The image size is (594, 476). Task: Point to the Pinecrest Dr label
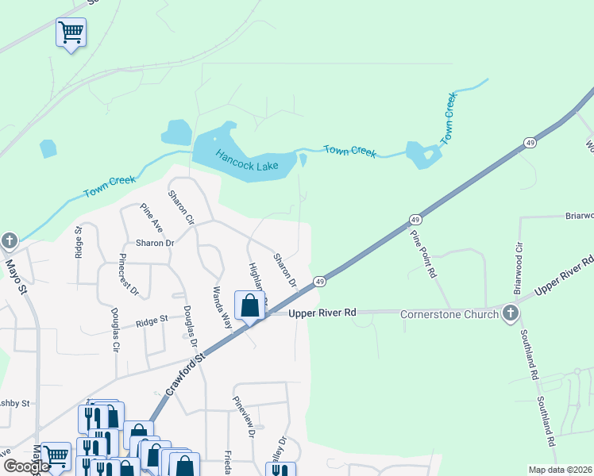(128, 274)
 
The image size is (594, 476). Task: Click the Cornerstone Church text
(449, 313)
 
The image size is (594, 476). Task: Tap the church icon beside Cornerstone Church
(510, 313)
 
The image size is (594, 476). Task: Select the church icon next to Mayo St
(10, 240)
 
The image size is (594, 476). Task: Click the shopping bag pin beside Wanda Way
(249, 306)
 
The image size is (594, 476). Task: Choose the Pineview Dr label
(243, 417)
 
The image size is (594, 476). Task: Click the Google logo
(27, 466)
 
